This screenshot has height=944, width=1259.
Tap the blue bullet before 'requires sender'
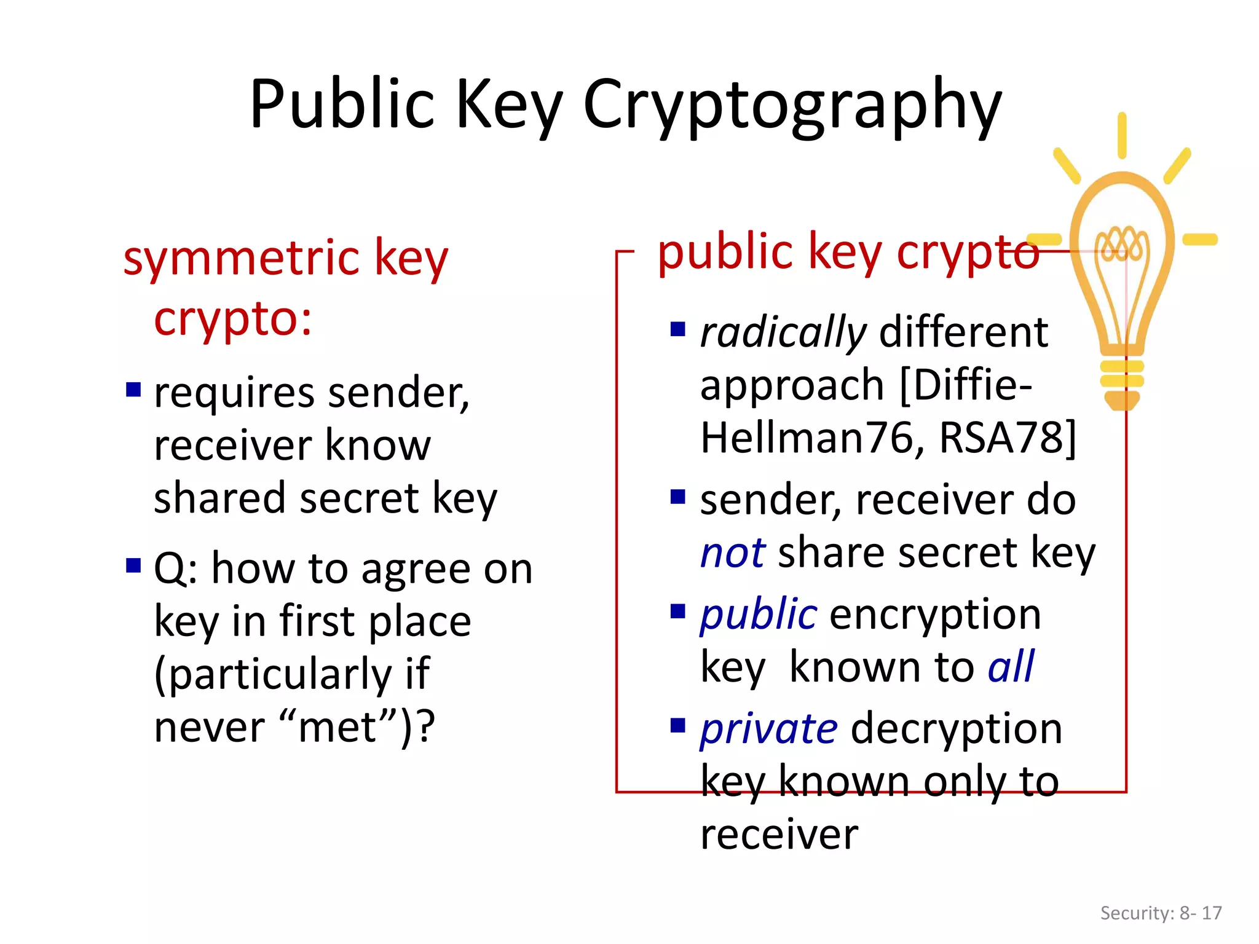pyautogui.click(x=133, y=390)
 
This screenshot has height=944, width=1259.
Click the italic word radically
pyautogui.click(x=783, y=333)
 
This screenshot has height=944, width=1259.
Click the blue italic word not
pyautogui.click(x=733, y=553)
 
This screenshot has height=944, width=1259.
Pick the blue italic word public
pyautogui.click(x=759, y=615)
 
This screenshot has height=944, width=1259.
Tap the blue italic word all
pyautogui.click(x=1011, y=667)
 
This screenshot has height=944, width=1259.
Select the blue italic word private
pyautogui.click(x=769, y=730)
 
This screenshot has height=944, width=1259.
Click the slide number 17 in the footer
pyautogui.click(x=1212, y=913)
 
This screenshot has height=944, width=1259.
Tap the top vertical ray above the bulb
pyautogui.click(x=1122, y=135)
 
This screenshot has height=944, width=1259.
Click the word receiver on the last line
pyautogui.click(x=779, y=835)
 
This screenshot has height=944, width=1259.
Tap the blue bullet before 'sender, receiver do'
pyautogui.click(x=678, y=497)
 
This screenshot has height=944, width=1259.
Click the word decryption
pyautogui.click(x=957, y=730)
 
